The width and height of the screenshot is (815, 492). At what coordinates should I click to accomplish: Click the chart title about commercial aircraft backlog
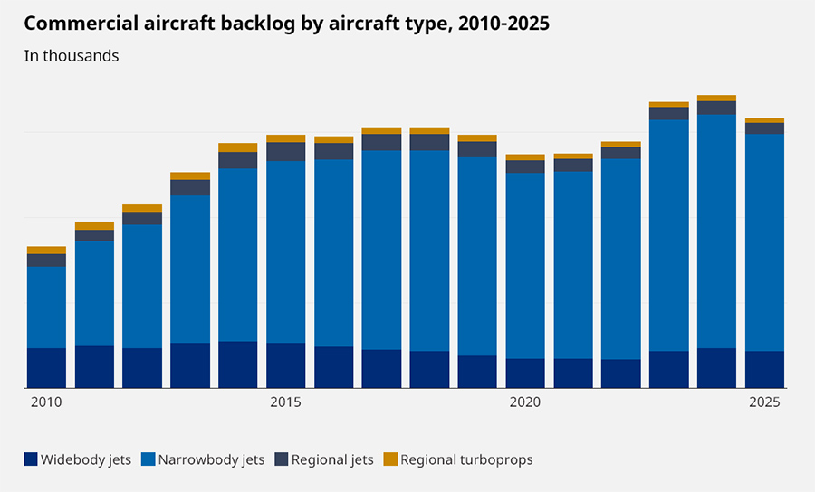[x=287, y=24]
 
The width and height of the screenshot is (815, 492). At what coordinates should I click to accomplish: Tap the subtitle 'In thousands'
[x=72, y=56]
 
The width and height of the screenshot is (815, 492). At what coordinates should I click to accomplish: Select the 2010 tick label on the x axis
[x=46, y=402]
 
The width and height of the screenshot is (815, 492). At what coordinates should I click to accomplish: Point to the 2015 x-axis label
[x=285, y=402]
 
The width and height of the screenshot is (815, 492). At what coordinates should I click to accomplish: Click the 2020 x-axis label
[x=525, y=402]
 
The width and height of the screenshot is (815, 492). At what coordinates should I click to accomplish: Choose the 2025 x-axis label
[x=764, y=402]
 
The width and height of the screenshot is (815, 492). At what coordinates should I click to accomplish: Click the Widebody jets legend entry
[x=78, y=459]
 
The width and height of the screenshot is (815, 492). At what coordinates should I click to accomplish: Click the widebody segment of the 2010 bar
[x=46, y=368]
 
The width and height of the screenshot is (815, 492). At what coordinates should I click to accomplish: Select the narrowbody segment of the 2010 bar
[x=46, y=307]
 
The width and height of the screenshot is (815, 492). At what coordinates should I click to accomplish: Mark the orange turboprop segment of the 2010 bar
[x=46, y=250]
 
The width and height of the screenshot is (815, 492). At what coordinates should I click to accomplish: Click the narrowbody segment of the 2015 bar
[x=285, y=251]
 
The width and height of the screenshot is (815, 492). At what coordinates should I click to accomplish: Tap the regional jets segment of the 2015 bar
[x=285, y=151]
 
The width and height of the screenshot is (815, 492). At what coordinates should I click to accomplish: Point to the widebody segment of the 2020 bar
[x=525, y=374]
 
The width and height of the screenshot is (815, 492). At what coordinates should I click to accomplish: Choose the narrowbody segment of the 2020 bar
[x=525, y=266]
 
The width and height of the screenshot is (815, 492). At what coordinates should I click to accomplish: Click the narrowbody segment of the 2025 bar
[x=764, y=242]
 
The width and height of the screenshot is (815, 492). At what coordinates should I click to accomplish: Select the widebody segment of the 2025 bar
[x=764, y=370]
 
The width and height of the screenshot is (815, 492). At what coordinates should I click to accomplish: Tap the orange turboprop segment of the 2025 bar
[x=764, y=120]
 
